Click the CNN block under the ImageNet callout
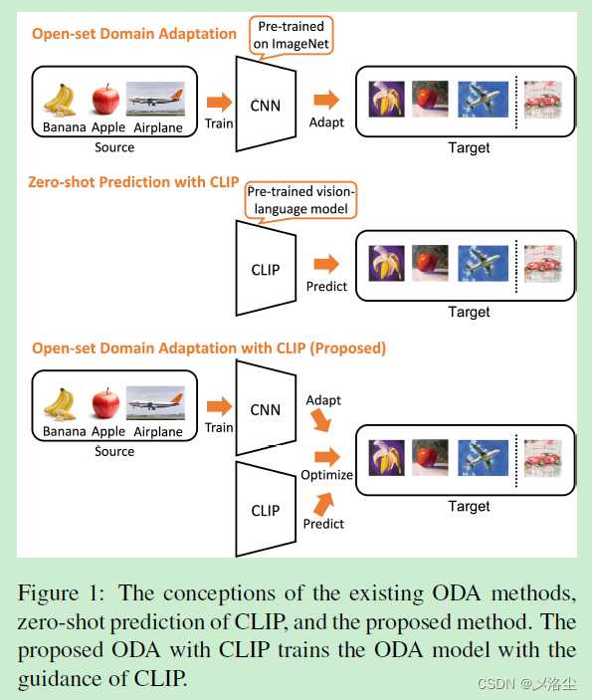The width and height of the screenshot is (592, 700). (x=266, y=103)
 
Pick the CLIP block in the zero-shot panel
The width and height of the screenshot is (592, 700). (x=266, y=269)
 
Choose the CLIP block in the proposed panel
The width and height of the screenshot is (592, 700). (x=266, y=510)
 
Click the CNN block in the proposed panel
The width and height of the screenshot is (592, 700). (x=266, y=409)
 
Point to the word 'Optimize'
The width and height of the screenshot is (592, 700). (x=326, y=475)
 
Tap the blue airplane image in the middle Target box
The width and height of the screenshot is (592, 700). (x=484, y=266)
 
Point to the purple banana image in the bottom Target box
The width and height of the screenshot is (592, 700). (x=385, y=456)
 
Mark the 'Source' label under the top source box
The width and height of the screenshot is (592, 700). (x=114, y=147)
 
